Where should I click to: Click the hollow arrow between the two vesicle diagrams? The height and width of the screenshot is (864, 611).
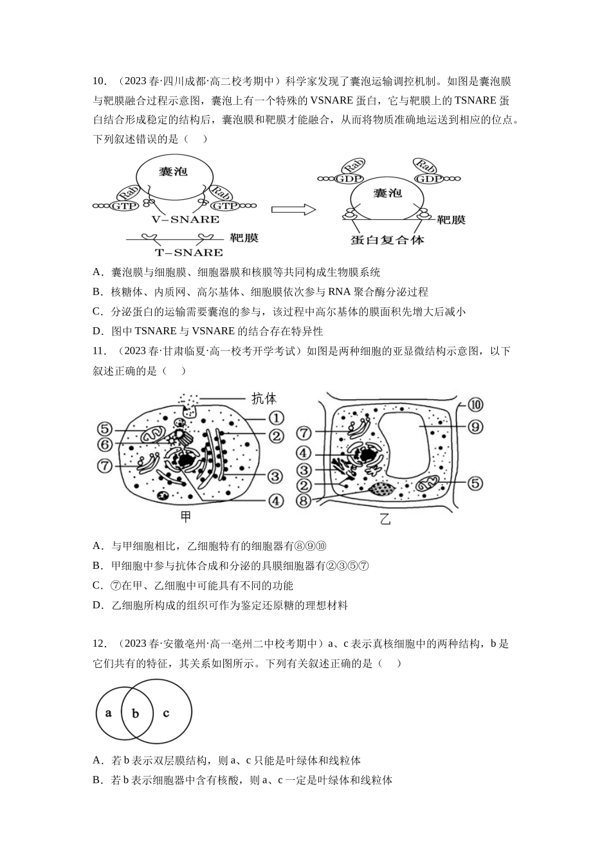(293, 210)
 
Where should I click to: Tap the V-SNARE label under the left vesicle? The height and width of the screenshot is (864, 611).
(185, 219)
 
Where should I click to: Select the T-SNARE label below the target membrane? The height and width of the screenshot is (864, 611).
(188, 253)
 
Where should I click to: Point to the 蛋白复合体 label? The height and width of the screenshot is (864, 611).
(387, 240)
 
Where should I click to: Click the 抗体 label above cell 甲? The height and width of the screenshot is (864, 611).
(264, 399)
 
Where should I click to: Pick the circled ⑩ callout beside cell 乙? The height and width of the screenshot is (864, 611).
(475, 404)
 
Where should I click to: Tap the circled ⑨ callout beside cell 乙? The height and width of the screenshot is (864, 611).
(475, 427)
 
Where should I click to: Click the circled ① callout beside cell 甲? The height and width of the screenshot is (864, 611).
(276, 418)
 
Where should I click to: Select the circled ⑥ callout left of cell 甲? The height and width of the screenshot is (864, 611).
(105, 444)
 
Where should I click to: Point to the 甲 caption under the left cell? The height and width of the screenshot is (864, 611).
(186, 517)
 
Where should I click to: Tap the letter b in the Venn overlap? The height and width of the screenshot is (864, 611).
(135, 713)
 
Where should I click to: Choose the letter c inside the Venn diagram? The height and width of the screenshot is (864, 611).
(166, 713)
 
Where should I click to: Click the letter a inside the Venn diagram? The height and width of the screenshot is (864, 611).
(109, 713)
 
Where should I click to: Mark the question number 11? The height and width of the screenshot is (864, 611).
(100, 351)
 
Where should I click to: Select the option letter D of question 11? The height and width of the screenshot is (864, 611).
(96, 605)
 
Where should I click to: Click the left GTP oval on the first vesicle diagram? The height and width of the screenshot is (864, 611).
(124, 206)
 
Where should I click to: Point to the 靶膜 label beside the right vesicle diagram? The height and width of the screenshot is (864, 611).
(451, 220)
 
